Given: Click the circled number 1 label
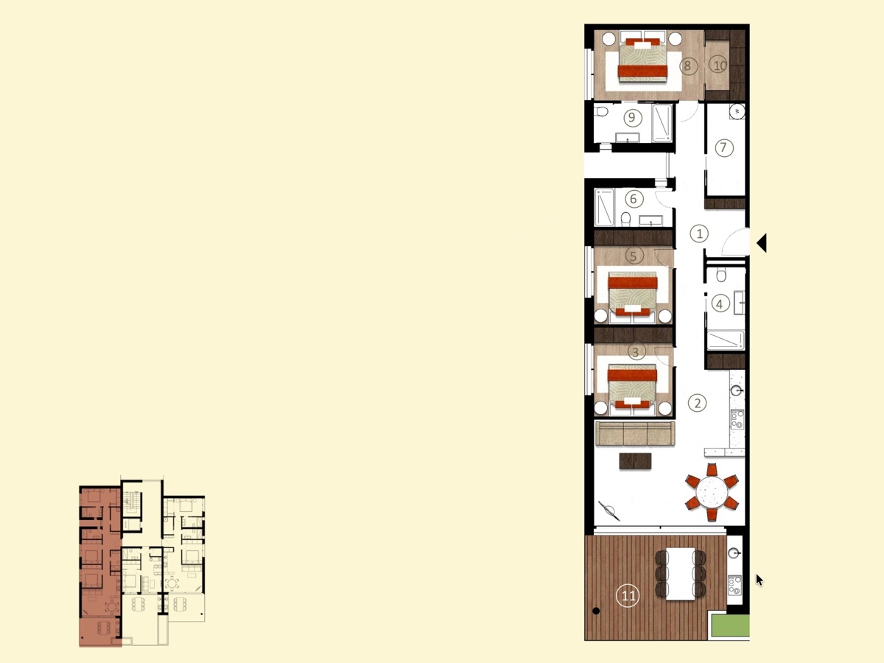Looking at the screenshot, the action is (699, 234).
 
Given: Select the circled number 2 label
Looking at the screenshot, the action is (697, 403).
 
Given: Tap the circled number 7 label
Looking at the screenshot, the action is (724, 148).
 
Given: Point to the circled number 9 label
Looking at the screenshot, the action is (632, 118).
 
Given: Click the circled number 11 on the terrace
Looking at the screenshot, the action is (628, 596).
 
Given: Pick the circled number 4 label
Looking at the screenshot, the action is (720, 304).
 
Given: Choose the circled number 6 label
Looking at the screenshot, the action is (634, 199).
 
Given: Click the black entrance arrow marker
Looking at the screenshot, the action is (762, 243).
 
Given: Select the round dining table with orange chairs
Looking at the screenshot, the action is (712, 492).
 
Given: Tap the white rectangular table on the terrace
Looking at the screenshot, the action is (680, 574).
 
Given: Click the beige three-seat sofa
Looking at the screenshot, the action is (635, 434).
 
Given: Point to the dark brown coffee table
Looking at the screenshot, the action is (635, 461).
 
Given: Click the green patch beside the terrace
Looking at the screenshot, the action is (730, 625).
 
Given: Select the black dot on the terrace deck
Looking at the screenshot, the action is (597, 611).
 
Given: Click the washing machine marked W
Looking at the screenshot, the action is (737, 111).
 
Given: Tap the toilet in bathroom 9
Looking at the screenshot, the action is (601, 110).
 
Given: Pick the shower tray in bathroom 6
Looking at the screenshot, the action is (605, 207).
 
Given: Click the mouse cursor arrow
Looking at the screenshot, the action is (760, 580).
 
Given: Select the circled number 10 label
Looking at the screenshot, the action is (718, 65).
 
